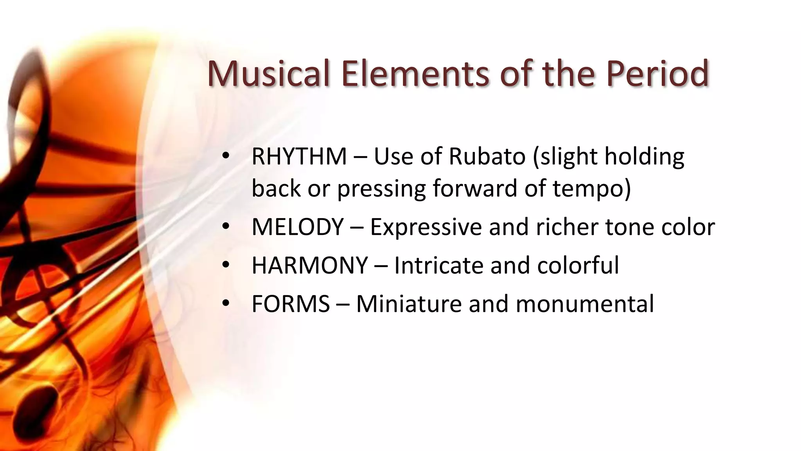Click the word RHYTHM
coord(299,157)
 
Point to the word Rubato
coord(487,157)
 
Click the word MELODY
coord(298,227)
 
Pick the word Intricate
coord(438,265)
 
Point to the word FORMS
coord(291,304)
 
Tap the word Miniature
coord(409,304)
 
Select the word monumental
coord(585,304)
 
